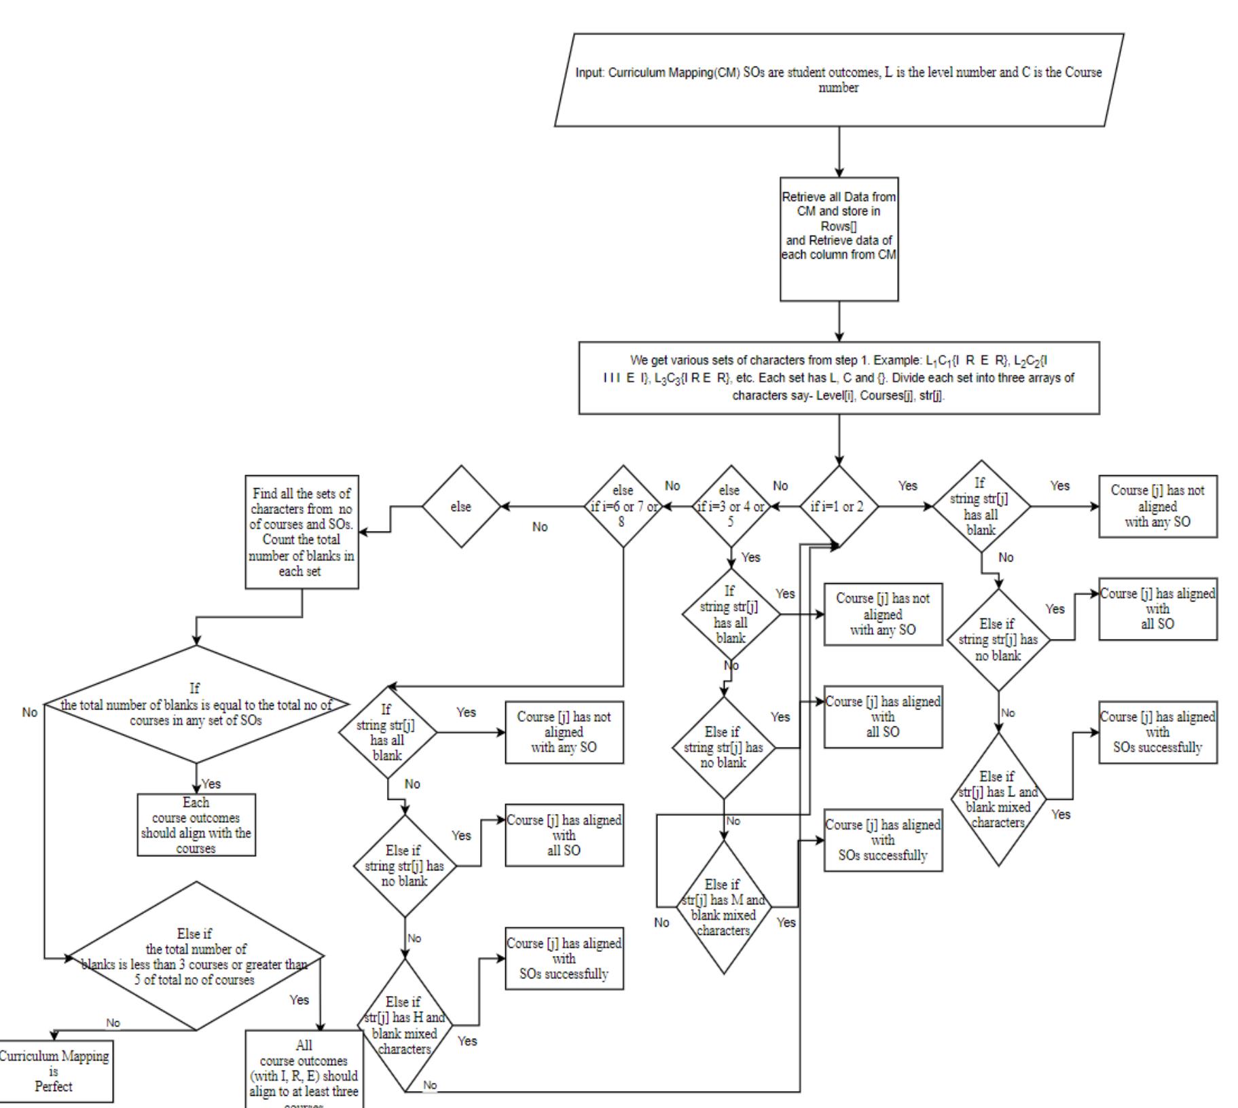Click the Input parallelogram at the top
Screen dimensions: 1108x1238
click(x=839, y=80)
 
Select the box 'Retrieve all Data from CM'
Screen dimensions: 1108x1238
click(x=839, y=239)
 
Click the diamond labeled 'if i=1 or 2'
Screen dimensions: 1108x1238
click(x=839, y=506)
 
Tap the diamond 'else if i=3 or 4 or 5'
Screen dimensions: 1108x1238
click(x=731, y=506)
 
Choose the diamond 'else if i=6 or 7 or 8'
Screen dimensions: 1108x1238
click(x=623, y=506)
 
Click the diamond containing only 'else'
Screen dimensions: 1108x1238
click(x=461, y=506)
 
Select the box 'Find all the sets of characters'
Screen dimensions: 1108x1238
click(x=302, y=532)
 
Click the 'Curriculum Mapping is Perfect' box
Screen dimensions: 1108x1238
click(x=54, y=1071)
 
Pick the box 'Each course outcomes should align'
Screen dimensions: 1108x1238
click(x=196, y=825)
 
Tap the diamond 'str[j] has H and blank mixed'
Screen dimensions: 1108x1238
click(x=405, y=1024)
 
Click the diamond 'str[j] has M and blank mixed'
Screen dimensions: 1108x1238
click(x=724, y=907)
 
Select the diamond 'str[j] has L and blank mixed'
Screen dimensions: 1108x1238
click(x=998, y=800)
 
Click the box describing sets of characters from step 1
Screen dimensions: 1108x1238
click(x=839, y=378)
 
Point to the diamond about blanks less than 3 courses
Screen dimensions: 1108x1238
click(x=196, y=957)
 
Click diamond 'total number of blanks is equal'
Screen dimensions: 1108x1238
click(x=196, y=705)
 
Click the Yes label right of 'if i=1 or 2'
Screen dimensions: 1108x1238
click(x=907, y=486)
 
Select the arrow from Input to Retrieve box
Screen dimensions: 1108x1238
click(x=839, y=151)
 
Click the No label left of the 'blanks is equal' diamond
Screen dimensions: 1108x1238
click(x=30, y=712)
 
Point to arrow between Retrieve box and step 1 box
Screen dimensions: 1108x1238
click(x=839, y=320)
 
